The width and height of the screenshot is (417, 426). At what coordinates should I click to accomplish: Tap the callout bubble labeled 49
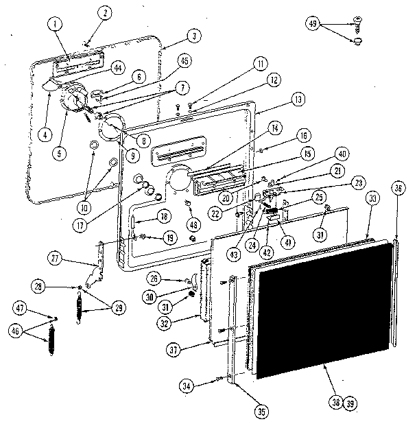pyautogui.click(x=312, y=25)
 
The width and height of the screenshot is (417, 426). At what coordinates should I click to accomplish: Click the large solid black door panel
pyautogui.click(x=322, y=309)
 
